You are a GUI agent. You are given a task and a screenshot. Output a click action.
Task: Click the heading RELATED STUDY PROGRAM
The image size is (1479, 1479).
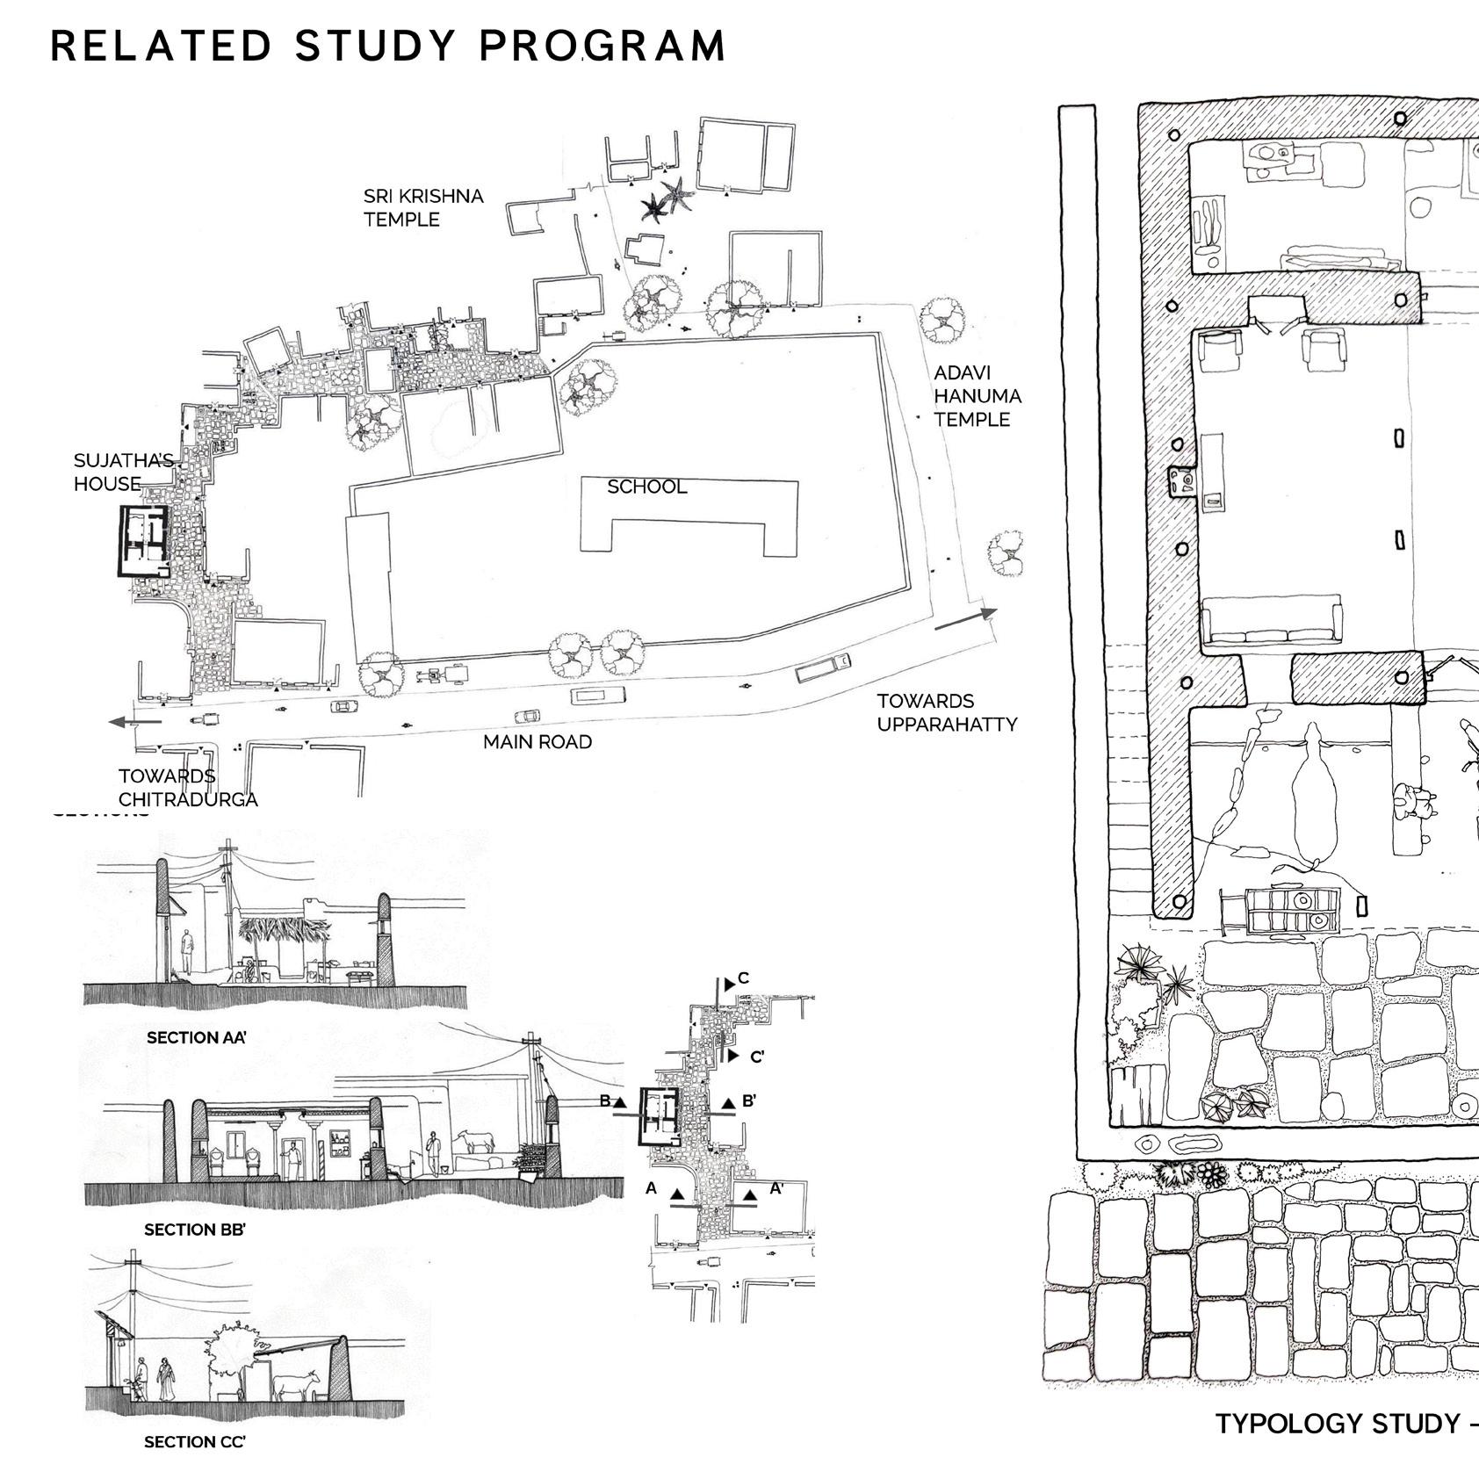tap(387, 46)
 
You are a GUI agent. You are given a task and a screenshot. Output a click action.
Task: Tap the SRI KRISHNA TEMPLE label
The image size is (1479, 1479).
tap(422, 207)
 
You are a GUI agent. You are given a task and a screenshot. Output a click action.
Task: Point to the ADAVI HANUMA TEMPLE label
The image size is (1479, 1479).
tap(977, 396)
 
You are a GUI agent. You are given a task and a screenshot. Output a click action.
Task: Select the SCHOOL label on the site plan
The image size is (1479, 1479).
tap(646, 487)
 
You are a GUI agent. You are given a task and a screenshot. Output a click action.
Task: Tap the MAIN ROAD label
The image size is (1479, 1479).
tap(537, 742)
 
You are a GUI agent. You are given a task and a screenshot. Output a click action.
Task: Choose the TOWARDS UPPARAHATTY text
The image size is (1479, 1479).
tap(946, 713)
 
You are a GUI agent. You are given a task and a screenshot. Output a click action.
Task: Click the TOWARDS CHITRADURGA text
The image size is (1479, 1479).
tap(187, 788)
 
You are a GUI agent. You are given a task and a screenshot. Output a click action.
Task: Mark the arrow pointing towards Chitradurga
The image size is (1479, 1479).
tap(134, 722)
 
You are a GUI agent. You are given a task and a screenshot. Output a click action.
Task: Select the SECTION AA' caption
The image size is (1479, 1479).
tap(196, 1037)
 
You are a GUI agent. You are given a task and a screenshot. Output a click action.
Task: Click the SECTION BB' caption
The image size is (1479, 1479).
tap(194, 1230)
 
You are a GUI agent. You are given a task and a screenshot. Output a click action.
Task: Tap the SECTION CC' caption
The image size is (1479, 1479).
tap(194, 1442)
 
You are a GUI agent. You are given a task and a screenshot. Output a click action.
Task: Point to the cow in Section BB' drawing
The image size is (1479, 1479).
tap(475, 1142)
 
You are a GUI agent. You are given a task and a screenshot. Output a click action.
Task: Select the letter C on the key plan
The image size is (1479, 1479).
tap(743, 978)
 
